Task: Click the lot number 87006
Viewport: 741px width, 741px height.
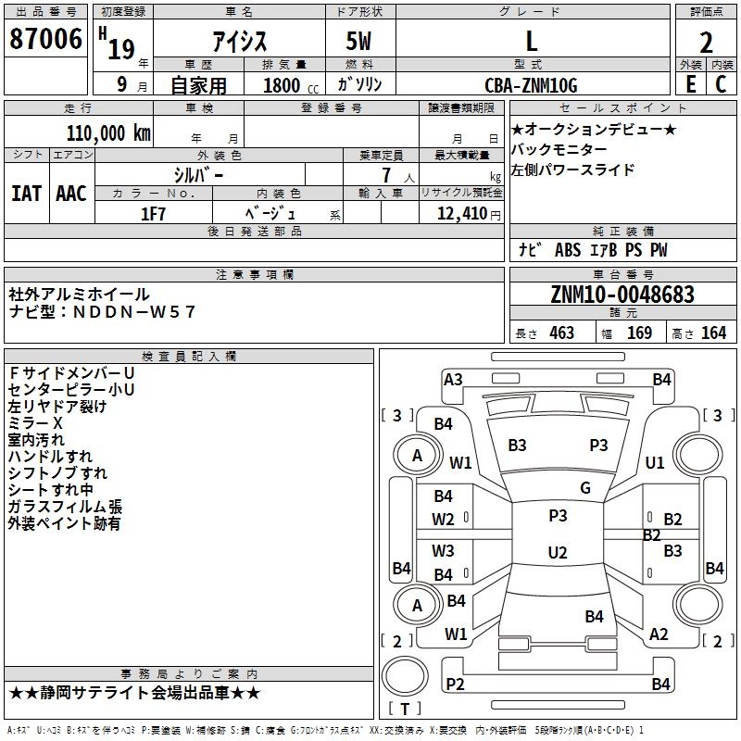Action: point(46,40)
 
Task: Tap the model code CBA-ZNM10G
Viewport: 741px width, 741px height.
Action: point(531,85)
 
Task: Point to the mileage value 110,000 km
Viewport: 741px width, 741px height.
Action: point(108,132)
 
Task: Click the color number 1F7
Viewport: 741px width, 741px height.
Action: point(153,213)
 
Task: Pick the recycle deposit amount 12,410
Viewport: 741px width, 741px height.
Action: point(460,213)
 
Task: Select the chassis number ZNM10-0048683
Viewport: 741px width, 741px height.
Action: point(622,295)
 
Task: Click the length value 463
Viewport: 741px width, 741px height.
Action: point(561,333)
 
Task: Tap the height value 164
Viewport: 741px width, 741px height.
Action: point(712,333)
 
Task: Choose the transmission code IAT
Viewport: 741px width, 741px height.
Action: point(26,194)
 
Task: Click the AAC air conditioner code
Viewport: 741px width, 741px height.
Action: point(70,194)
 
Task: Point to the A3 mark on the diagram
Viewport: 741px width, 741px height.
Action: point(453,379)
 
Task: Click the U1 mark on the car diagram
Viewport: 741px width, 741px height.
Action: point(655,462)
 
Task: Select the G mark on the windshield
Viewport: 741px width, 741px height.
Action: point(584,488)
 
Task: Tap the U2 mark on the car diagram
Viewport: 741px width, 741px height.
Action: point(558,553)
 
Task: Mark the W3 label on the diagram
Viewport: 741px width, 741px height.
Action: point(443,551)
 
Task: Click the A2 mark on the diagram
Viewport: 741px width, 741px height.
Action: point(659,634)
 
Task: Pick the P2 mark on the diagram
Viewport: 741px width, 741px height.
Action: point(455,684)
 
